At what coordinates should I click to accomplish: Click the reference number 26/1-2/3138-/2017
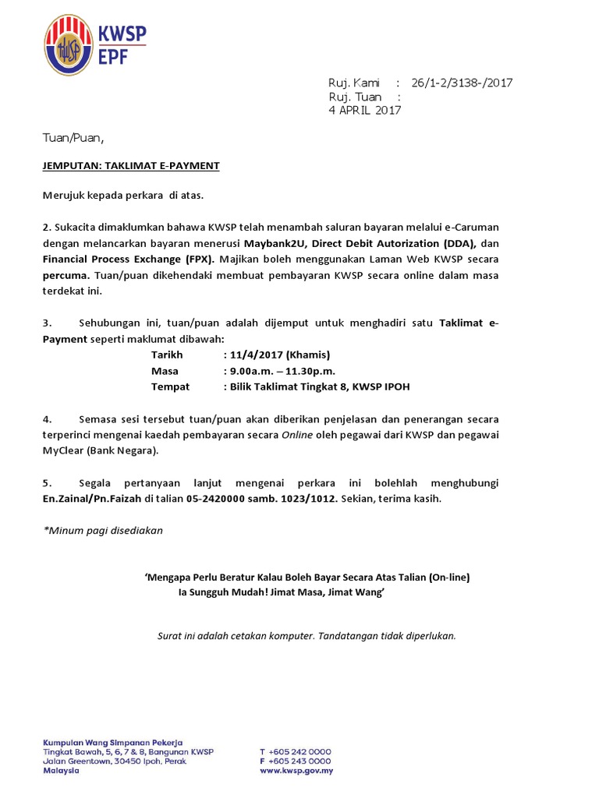[x=461, y=83]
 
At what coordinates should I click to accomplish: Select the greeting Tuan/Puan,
[x=73, y=138]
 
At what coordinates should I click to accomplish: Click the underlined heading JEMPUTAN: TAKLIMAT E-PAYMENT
[x=131, y=166]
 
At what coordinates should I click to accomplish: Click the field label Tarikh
[x=167, y=355]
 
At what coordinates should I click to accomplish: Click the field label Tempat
[x=170, y=387]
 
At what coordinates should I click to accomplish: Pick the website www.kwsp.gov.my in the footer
[x=296, y=771]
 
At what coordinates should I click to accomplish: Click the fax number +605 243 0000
[x=300, y=761]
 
